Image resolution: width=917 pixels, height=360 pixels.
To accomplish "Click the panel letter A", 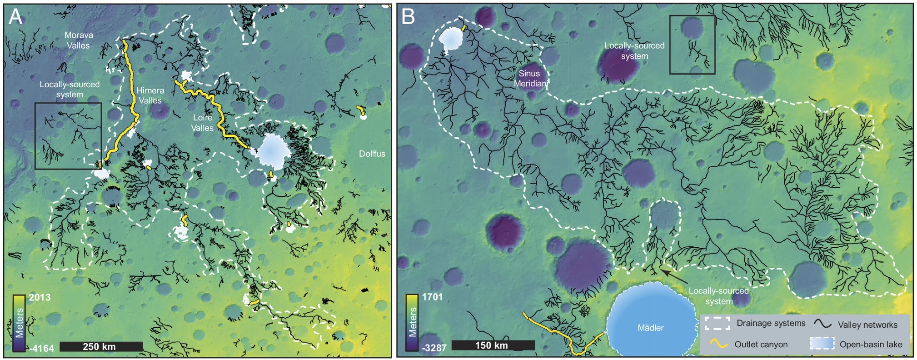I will pyautogui.click(x=15, y=17).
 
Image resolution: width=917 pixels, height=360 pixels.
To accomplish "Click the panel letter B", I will pyautogui.click(x=408, y=17).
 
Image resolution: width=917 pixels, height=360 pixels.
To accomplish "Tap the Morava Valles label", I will pyautogui.click(x=79, y=40).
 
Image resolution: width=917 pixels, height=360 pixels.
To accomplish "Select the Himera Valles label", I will pyautogui.click(x=150, y=95).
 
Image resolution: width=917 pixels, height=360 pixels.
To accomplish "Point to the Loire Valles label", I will pyautogui.click(x=202, y=123).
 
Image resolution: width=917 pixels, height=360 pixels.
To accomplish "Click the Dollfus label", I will pyautogui.click(x=372, y=154).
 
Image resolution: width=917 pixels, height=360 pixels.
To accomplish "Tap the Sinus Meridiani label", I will pyautogui.click(x=530, y=78).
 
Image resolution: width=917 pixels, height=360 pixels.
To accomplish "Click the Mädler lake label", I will pyautogui.click(x=650, y=328).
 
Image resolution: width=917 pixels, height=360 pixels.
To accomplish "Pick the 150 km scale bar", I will pyautogui.click(x=493, y=345).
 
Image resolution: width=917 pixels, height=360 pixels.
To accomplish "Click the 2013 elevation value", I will pyautogui.click(x=40, y=297).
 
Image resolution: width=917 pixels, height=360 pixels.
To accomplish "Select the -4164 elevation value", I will pyautogui.click(x=41, y=349).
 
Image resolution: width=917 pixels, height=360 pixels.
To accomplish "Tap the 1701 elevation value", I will pyautogui.click(x=432, y=297).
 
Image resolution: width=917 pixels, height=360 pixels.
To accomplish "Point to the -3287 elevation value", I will pyautogui.click(x=434, y=348).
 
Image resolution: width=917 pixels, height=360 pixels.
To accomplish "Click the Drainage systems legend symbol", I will pyautogui.click(x=717, y=323).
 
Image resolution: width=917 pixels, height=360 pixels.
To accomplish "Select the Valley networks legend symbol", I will pyautogui.click(x=822, y=324).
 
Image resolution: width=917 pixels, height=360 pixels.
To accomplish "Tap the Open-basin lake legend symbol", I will pyautogui.click(x=822, y=344).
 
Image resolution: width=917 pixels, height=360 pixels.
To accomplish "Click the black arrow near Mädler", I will pyautogui.click(x=673, y=276).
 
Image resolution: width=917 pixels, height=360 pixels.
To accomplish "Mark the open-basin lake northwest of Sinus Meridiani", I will pyautogui.click(x=451, y=38).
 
